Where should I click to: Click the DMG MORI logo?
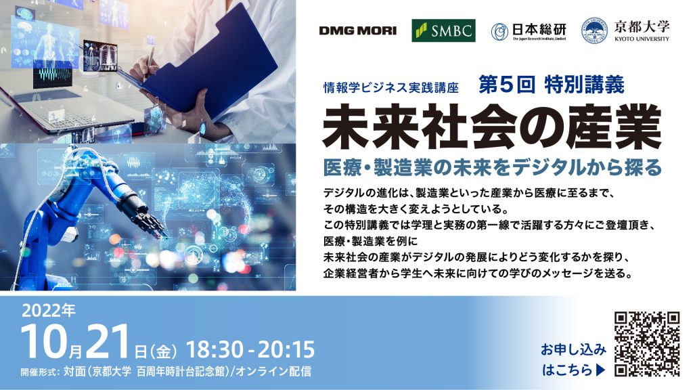click(x=357, y=30)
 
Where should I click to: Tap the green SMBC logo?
click(x=443, y=30)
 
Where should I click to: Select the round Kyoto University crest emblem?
click(x=594, y=30)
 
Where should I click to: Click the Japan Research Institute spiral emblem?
click(x=499, y=32)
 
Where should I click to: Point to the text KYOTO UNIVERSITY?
click(x=642, y=39)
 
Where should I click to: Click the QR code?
click(x=647, y=344)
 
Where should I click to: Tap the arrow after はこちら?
click(x=601, y=370)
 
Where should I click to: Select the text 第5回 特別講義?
click(x=552, y=85)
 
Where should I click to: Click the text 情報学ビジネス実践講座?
click(x=390, y=87)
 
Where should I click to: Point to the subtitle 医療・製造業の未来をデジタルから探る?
click(x=493, y=167)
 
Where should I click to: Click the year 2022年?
click(x=49, y=311)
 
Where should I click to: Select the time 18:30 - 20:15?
click(x=250, y=349)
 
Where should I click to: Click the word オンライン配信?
click(x=273, y=371)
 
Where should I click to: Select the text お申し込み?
click(x=573, y=350)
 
